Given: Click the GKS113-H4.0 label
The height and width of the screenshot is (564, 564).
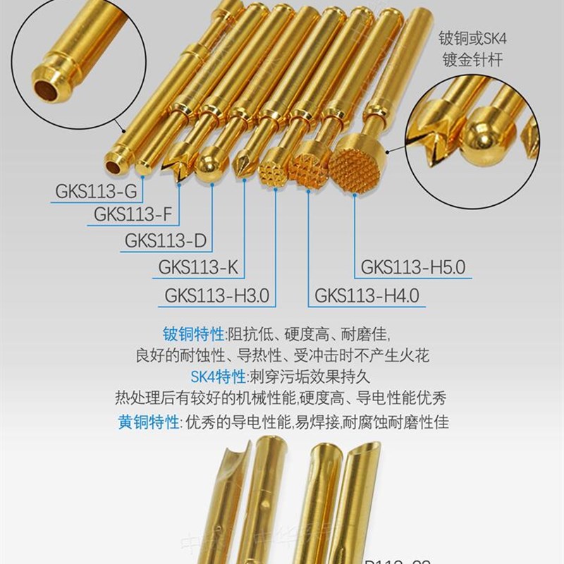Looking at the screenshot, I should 367,294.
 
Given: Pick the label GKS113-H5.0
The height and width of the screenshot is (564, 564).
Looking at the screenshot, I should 413,267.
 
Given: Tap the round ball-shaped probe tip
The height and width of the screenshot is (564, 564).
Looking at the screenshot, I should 209,166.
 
